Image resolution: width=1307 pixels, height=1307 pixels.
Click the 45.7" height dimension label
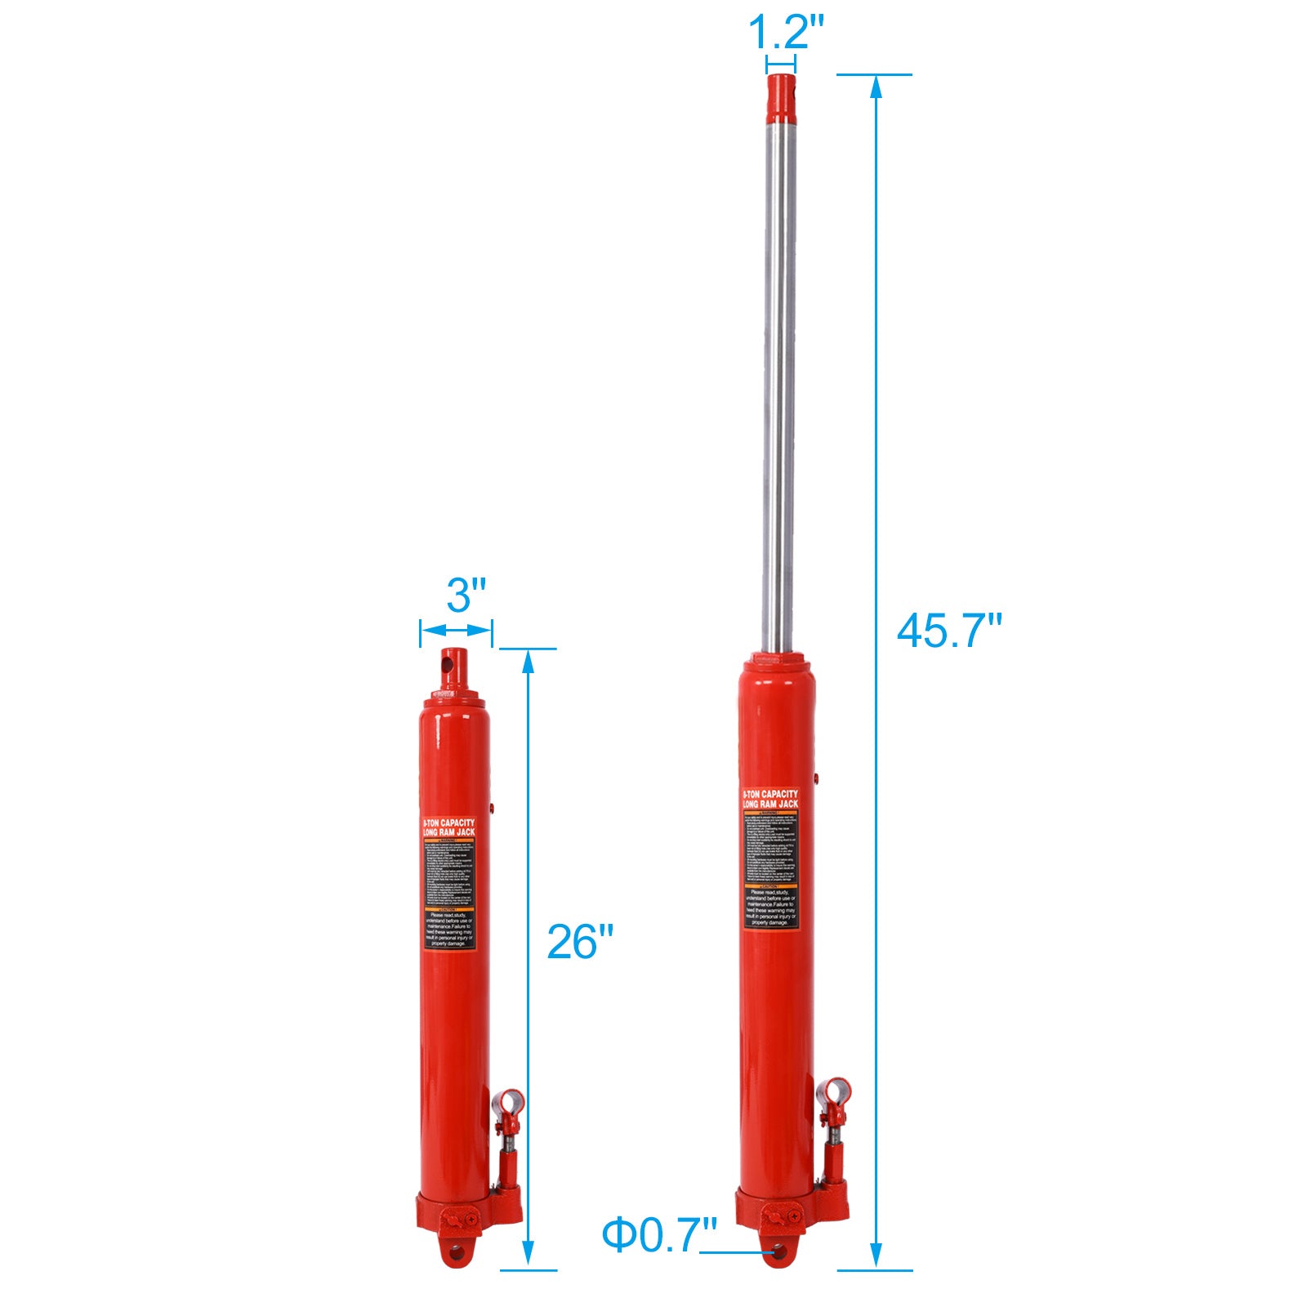coord(948,631)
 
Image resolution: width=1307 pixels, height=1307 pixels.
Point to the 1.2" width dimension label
coord(787,33)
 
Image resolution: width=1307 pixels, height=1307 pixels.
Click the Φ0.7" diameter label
coord(659,1234)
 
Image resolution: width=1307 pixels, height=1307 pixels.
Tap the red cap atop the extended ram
coord(781,95)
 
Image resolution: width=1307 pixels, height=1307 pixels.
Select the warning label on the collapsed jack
coord(449,883)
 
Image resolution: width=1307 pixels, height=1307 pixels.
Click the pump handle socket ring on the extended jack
coord(836,1091)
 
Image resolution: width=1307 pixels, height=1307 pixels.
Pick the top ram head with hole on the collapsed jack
coord(452,666)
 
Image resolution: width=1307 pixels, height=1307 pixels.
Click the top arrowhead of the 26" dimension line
coord(528,661)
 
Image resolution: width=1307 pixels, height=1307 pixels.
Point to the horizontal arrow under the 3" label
coord(456,630)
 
